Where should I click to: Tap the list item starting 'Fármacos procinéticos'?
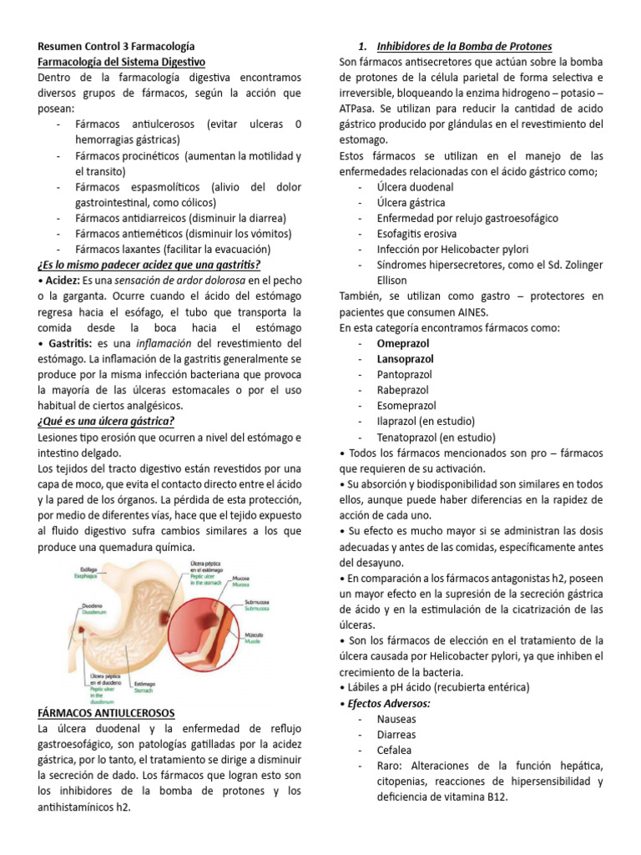coord(188,156)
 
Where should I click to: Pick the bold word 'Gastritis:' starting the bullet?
coord(66,343)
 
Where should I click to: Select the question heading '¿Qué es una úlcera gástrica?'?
coord(106,421)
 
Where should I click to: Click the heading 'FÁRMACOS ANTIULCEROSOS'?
coord(106,712)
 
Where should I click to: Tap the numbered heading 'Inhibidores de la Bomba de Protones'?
coord(464,46)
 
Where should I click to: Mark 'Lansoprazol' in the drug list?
coord(405,359)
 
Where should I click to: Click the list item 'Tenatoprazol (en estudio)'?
coord(436,437)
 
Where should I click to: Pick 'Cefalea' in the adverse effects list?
coord(395,750)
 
